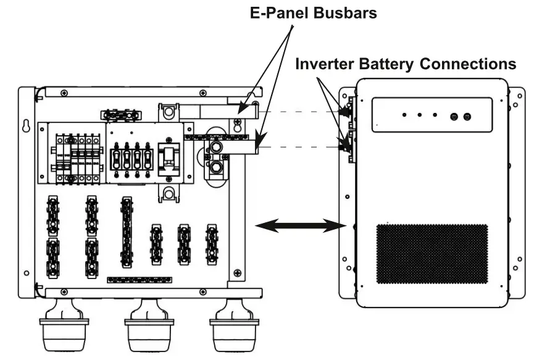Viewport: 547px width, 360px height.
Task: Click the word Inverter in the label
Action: click(325, 63)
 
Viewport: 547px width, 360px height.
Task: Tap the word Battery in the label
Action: click(385, 63)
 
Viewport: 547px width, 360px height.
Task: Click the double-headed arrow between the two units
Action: click(300, 227)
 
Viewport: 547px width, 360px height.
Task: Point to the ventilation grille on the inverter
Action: click(432, 253)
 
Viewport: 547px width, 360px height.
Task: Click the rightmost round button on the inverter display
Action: click(467, 115)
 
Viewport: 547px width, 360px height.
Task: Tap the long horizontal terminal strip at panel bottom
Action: click(140, 280)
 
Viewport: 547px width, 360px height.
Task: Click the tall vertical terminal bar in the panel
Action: click(127, 232)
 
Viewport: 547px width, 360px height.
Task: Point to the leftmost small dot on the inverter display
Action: click(404, 115)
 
